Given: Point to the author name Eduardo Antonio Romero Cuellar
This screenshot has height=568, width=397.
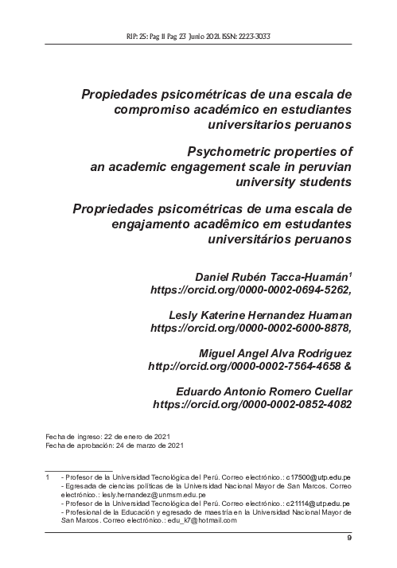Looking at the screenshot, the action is (263, 391).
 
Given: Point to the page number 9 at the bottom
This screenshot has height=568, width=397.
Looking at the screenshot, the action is (349, 540).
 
